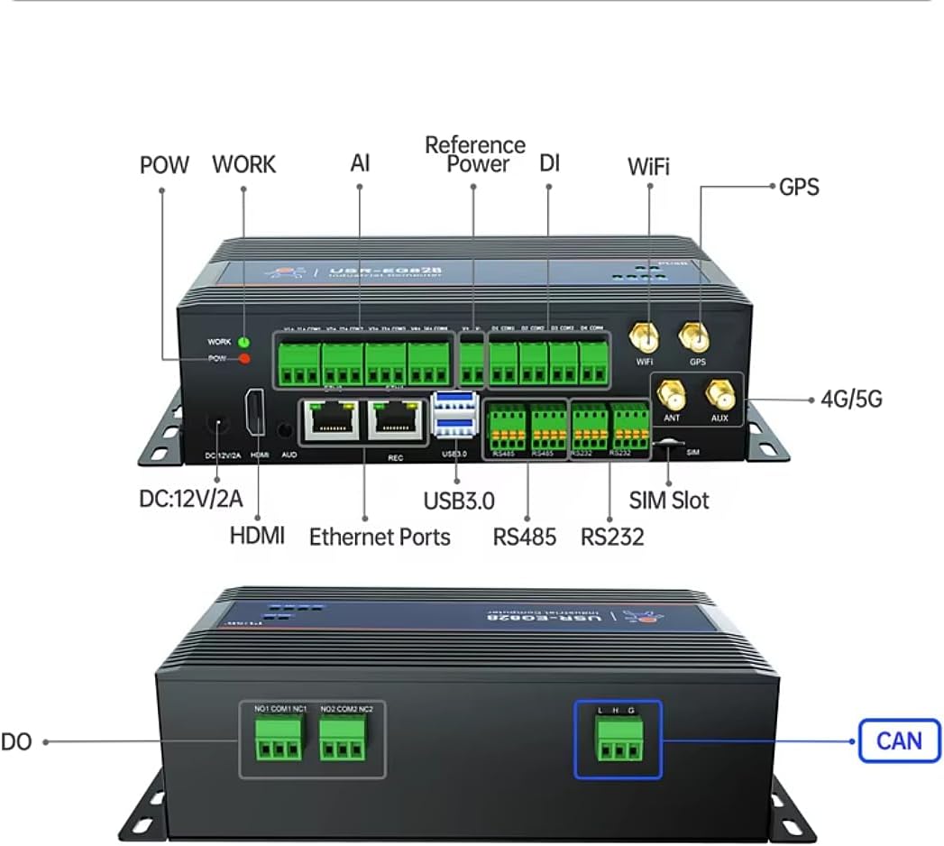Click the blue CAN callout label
coord(899,740)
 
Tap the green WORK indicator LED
coord(243,343)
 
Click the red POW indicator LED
coord(243,359)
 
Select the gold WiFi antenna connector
coord(644,338)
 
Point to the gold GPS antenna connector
coord(694,338)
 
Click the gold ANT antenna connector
coord(669,395)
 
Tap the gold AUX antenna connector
coord(719,395)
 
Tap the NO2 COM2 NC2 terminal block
coord(346,744)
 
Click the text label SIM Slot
coord(669,501)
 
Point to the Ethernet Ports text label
coord(380,538)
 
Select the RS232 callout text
coord(612,538)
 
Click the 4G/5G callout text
coord(851,399)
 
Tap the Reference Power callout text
coord(475,154)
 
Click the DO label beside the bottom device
coord(16,741)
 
